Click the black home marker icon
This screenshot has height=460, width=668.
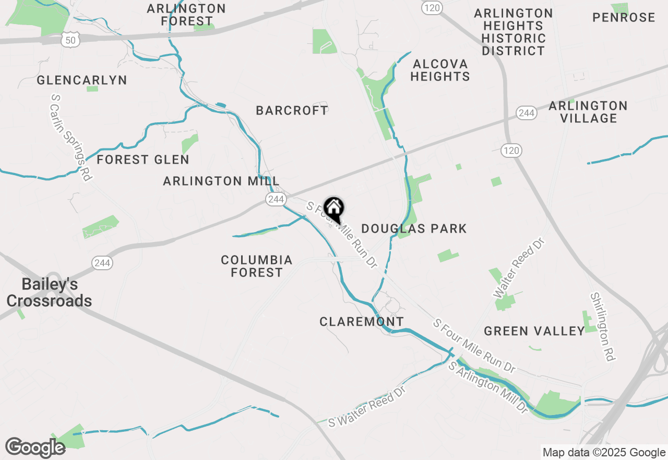pyautogui.click(x=334, y=210)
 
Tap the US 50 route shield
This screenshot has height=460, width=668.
pyautogui.click(x=69, y=39)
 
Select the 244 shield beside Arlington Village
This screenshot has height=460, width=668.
pyautogui.click(x=527, y=113)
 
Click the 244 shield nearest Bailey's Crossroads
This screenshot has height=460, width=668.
pyautogui.click(x=102, y=263)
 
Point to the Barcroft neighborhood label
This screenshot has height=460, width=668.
pyautogui.click(x=292, y=110)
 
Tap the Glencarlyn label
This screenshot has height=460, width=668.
pyautogui.click(x=82, y=80)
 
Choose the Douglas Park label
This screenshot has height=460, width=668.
pyautogui.click(x=414, y=228)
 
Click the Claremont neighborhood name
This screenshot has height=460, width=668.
pyautogui.click(x=362, y=321)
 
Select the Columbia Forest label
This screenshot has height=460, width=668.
pyautogui.click(x=257, y=266)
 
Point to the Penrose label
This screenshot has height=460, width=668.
pyautogui.click(x=624, y=17)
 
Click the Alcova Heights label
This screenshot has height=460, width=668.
pyautogui.click(x=440, y=70)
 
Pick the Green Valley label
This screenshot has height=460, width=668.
pyautogui.click(x=534, y=331)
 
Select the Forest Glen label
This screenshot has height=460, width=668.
pyautogui.click(x=143, y=159)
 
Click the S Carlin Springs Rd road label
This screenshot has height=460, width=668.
pyautogui.click(x=71, y=137)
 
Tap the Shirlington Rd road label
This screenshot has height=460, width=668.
pyautogui.click(x=603, y=327)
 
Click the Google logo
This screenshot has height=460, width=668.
pyautogui.click(x=35, y=448)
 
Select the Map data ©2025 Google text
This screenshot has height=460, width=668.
pyautogui.click(x=604, y=453)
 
